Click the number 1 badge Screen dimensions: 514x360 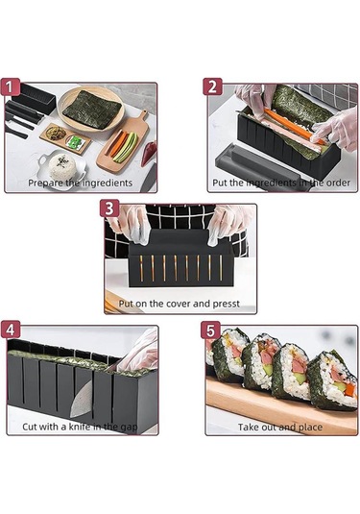pos(12,87)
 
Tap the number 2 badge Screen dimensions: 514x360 pos(211,87)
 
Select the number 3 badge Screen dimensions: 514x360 pos(111,208)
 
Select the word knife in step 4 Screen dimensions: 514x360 pos(83,426)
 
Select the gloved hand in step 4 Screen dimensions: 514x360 pos(140,351)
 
